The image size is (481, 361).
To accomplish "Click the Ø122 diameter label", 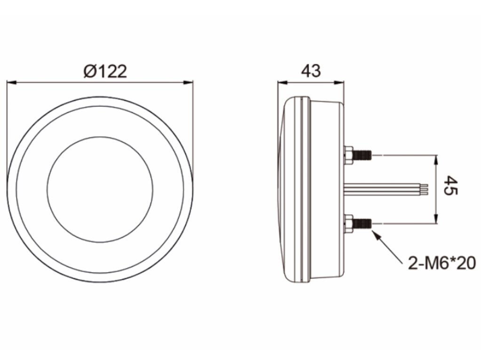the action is tap(105, 71).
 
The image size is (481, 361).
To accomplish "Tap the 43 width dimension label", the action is tap(311, 71).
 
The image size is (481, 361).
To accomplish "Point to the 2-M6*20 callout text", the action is tap(442, 263).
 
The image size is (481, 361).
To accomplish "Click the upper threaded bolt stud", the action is tap(362, 155).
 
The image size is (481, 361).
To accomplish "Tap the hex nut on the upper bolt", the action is tap(348, 155).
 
